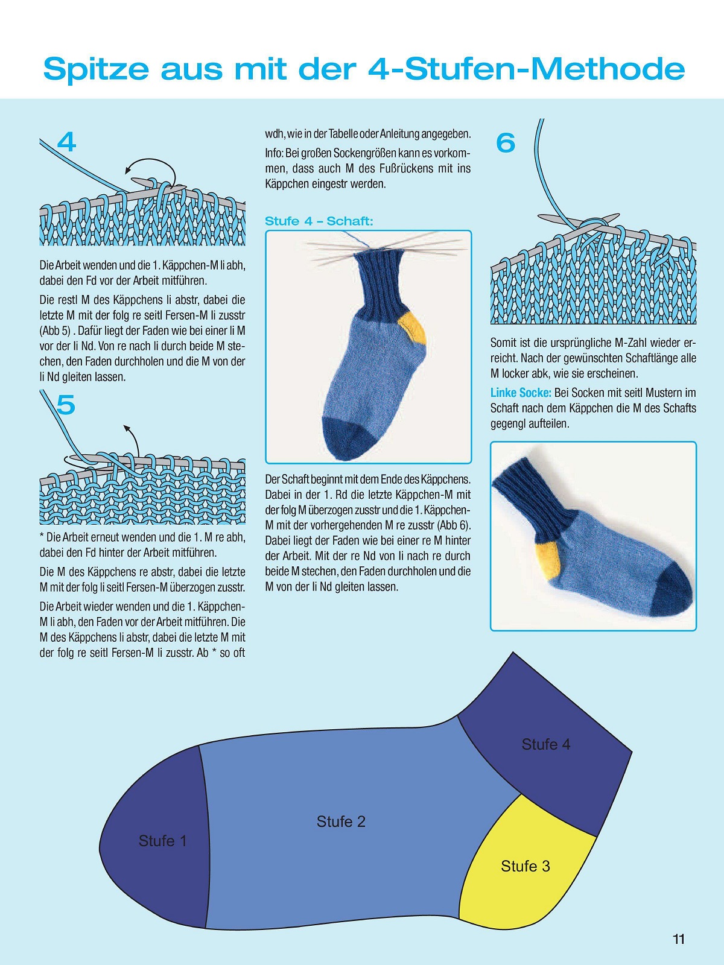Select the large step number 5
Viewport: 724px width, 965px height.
point(66,405)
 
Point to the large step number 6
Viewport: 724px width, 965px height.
point(506,143)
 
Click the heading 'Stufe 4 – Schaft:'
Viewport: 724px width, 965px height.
point(319,221)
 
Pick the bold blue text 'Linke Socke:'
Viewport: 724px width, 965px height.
point(521,393)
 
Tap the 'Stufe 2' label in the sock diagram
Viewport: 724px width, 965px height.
point(341,821)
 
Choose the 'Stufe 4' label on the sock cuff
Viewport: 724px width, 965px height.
point(546,744)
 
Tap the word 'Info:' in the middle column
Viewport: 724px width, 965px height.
point(275,153)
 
